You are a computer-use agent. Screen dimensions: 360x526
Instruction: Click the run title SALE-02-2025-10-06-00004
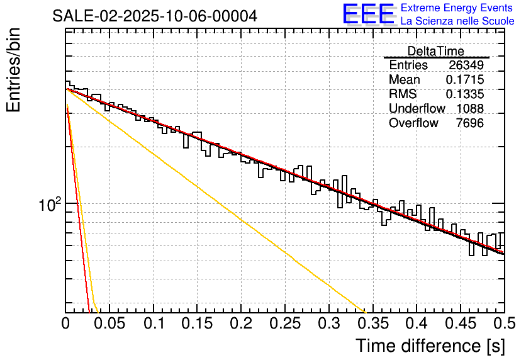(154, 16)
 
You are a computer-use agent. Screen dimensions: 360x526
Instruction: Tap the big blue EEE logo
(368, 14)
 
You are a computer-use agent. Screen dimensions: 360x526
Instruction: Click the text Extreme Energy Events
(457, 8)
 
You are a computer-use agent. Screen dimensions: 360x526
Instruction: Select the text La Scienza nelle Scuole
(457, 21)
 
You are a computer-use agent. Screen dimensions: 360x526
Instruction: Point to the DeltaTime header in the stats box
(435, 51)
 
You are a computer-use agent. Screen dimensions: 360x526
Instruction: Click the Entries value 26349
(466, 65)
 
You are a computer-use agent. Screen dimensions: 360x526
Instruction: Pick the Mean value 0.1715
(464, 80)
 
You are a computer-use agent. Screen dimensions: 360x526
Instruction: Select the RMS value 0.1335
(464, 94)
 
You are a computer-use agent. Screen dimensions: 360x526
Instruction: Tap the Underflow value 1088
(469, 109)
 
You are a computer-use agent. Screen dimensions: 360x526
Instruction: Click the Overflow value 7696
(469, 123)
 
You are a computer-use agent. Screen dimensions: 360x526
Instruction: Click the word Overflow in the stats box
(413, 123)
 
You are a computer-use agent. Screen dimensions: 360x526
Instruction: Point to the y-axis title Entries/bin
(14, 70)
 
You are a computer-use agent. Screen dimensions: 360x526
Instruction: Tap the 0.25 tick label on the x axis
(285, 324)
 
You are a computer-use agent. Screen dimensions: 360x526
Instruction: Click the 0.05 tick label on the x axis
(109, 324)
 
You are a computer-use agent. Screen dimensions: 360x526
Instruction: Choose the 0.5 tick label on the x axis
(503, 324)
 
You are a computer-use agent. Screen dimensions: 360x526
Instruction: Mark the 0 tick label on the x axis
(65, 324)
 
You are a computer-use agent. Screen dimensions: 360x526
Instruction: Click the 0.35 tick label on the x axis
(372, 324)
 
